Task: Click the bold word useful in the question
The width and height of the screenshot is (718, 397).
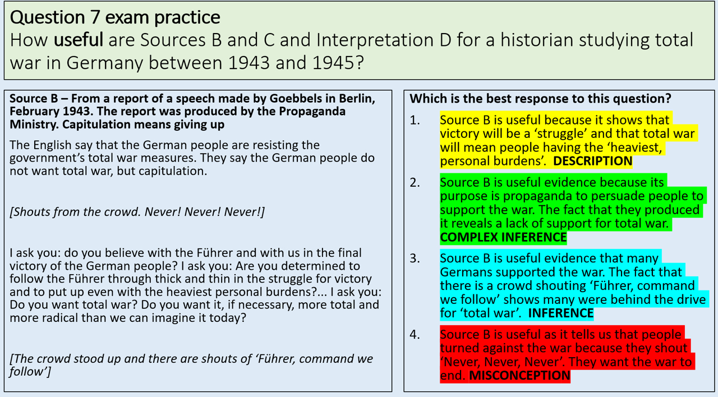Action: coord(78,40)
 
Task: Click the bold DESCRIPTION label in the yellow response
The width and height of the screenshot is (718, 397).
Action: coord(593,161)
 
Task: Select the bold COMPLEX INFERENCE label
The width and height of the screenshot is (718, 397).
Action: coord(503,237)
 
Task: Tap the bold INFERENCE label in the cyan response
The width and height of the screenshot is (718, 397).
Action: coord(560,313)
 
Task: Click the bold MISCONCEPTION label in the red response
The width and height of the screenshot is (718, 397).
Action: coord(519,376)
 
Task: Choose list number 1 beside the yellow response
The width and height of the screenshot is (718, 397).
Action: coord(414,120)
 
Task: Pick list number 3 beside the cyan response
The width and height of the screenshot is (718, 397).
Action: coord(415,258)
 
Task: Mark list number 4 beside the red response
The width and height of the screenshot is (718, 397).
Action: coord(415,335)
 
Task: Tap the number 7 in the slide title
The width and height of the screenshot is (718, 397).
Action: coord(95,17)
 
